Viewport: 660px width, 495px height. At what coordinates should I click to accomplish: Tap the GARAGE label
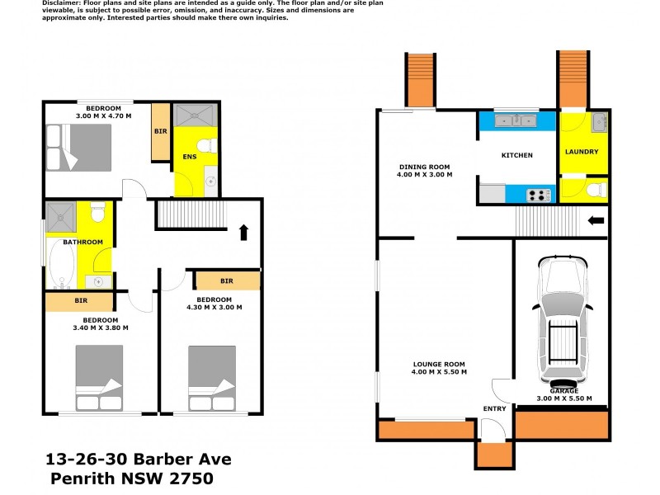click(x=563, y=391)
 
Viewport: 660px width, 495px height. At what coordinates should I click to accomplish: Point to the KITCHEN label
click(x=517, y=155)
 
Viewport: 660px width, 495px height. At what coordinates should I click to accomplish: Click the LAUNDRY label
click(x=582, y=152)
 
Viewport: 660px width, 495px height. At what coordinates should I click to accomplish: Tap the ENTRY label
click(x=495, y=408)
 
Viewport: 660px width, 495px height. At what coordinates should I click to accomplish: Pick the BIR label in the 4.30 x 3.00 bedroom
click(x=226, y=281)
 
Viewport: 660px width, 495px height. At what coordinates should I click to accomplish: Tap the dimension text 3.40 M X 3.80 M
click(x=100, y=328)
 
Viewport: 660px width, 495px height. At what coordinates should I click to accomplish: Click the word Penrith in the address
click(x=82, y=478)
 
